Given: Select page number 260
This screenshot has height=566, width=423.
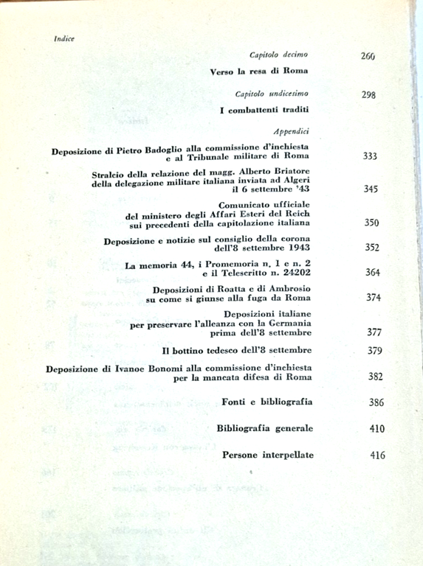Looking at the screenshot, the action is click(x=368, y=55).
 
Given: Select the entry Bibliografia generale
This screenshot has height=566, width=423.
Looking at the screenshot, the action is click(x=265, y=428).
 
